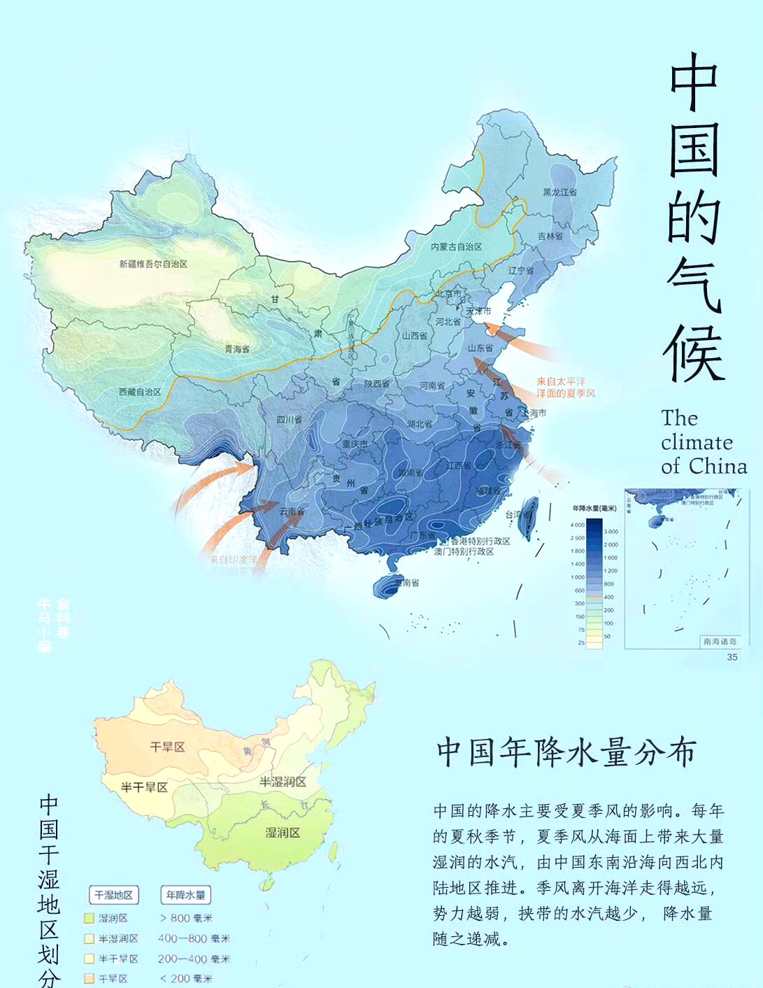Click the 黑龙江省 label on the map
coord(559,192)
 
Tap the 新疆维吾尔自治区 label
coord(153,264)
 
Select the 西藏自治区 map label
coord(140,392)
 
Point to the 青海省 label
coord(236,348)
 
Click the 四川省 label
coord(289,420)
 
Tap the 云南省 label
coord(292,511)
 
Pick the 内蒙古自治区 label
coord(456,246)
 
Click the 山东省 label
coord(480,348)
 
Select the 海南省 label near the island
coord(406,582)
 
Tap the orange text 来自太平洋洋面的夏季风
coord(566,388)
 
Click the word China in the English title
coord(718,467)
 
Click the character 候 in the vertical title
coord(694,353)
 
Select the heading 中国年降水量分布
coord(566,752)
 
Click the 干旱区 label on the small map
coord(168,747)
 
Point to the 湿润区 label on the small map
coord(283,832)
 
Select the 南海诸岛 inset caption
coord(719,641)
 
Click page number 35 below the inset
coord(732,656)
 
